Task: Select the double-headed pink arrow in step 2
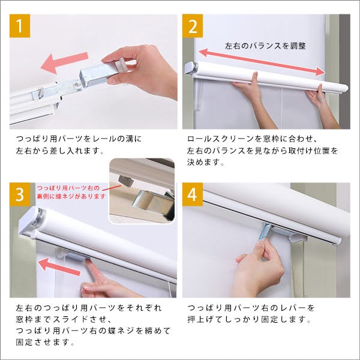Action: coord(265,59)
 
